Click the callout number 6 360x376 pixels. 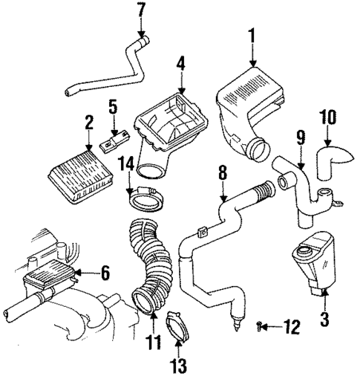tap(105, 274)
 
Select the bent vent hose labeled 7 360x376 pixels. tap(111, 71)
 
